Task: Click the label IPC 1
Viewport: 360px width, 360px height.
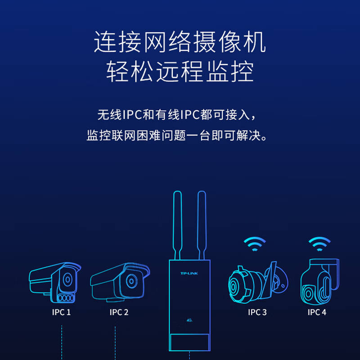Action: coord(61,312)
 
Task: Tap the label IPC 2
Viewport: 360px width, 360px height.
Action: coord(119,312)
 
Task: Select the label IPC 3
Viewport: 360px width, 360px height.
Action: coord(257,312)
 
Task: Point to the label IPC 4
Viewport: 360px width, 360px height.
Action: coord(317,312)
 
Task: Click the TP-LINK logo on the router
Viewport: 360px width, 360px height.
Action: coord(189,273)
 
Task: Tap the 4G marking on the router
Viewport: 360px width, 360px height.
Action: coord(189,321)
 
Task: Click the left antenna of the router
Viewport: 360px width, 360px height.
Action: coord(177,225)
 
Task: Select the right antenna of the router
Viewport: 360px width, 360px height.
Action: coord(202,225)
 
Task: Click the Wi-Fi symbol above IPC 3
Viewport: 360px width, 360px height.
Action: coord(255,245)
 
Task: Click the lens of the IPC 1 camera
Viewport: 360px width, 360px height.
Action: coord(67,279)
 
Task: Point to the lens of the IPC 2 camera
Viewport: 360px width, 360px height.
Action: coord(130,281)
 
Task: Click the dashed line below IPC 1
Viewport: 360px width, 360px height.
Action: coord(62,342)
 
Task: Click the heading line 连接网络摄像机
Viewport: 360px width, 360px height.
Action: coord(180,42)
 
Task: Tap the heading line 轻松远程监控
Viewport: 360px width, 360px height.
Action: coord(180,72)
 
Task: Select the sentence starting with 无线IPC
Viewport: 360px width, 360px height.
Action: coord(180,114)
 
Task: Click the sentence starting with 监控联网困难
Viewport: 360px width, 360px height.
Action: coord(180,135)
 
